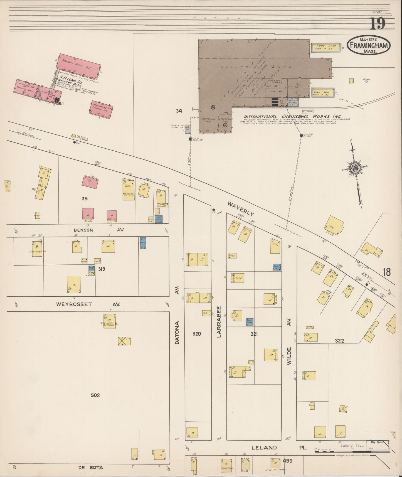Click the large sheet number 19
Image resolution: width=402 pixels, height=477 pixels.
coord(377,24)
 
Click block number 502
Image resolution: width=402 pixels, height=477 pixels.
coord(95,395)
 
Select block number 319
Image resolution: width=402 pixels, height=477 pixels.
coord(101,269)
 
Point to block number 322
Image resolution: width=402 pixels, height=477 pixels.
coord(339,340)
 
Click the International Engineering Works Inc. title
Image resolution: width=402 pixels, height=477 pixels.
coord(293,117)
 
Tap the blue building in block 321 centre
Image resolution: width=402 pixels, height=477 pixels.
coord(250,322)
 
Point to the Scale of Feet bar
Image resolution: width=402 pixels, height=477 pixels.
coord(352,452)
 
